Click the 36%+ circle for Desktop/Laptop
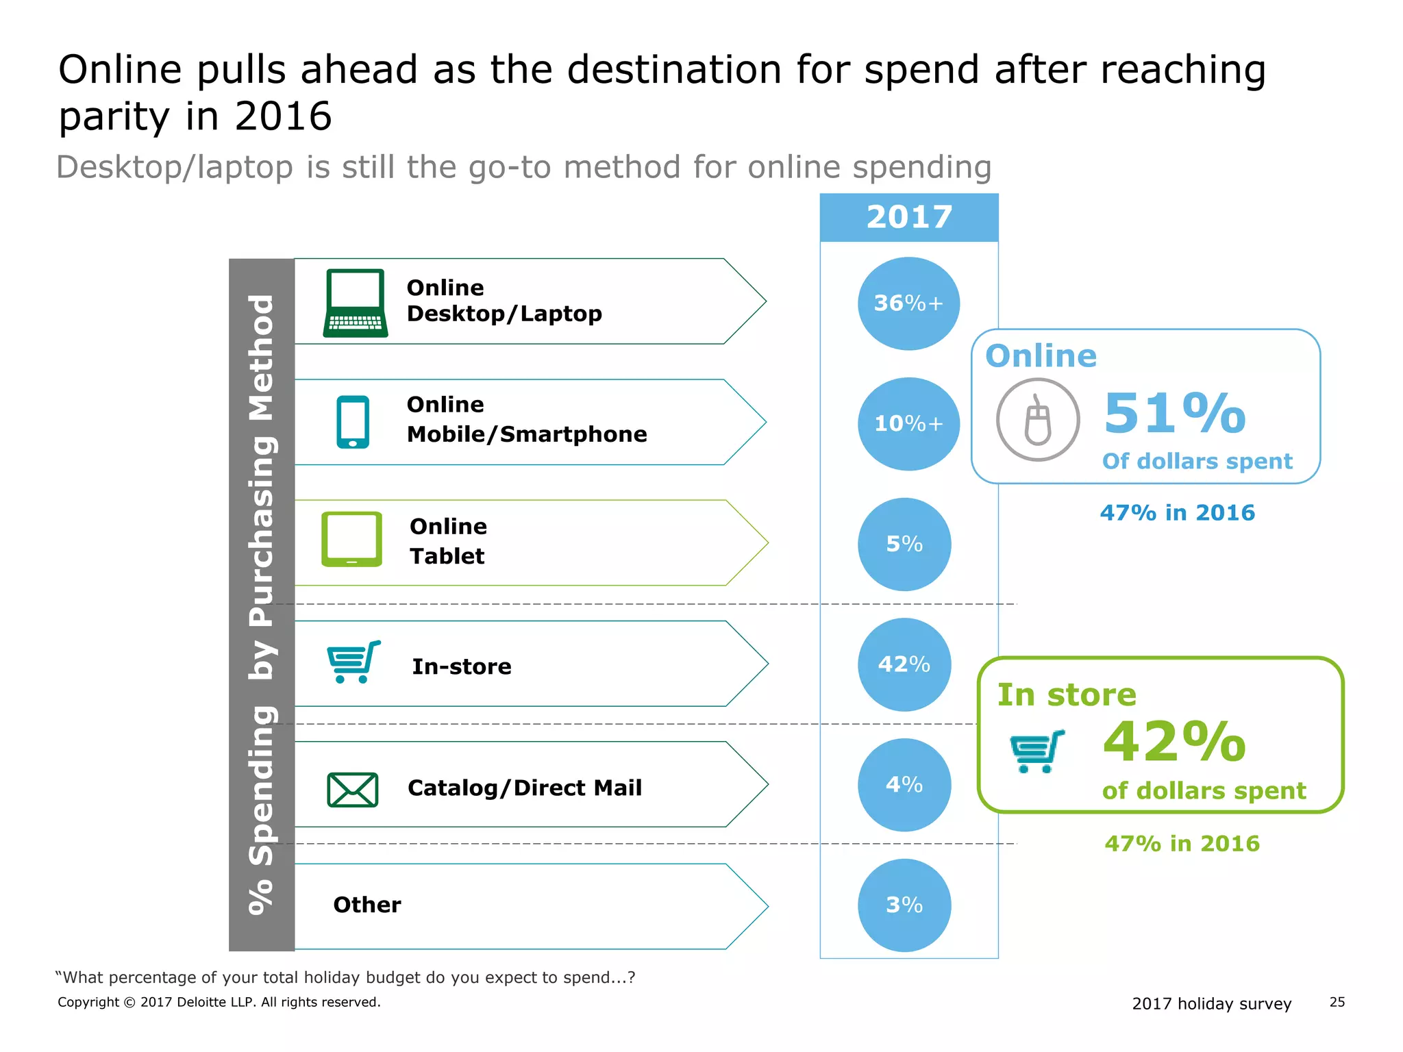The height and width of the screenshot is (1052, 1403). [908, 303]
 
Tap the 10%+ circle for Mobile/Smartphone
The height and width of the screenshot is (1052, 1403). [908, 424]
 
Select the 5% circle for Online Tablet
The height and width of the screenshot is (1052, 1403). [904, 544]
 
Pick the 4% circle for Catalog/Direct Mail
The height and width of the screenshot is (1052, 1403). [904, 785]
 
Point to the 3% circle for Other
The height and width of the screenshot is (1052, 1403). [904, 905]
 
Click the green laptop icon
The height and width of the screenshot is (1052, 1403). [355, 303]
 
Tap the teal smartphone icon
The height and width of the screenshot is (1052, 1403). [353, 422]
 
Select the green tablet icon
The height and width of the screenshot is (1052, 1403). [351, 539]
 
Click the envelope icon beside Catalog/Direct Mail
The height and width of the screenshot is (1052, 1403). [352, 790]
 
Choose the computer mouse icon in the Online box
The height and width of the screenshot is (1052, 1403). [1037, 420]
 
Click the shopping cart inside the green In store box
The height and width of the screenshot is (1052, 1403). [1037, 751]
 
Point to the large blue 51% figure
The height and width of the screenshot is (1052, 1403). [1174, 414]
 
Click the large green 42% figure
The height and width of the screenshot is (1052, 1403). [1174, 742]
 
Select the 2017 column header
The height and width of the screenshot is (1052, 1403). [909, 218]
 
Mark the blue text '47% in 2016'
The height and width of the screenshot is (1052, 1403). [1177, 513]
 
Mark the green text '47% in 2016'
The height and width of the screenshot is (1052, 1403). [1182, 844]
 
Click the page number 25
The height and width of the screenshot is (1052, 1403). [1337, 1002]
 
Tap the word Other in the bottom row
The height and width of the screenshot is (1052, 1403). [367, 905]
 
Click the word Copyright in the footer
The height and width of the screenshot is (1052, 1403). [88, 1003]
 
